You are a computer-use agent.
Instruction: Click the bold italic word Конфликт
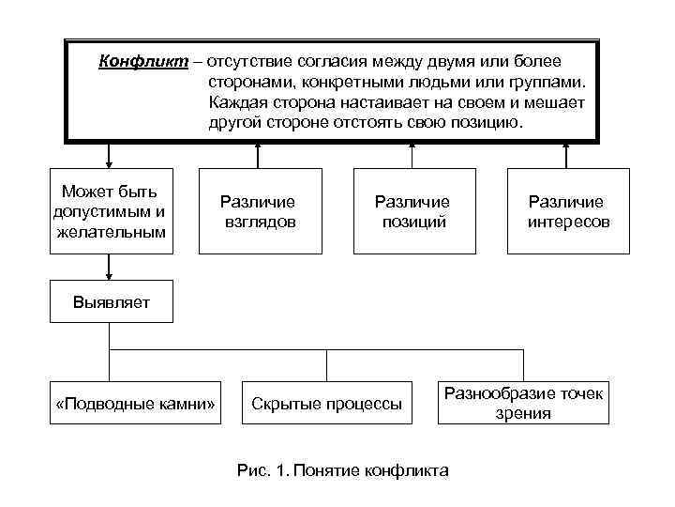point(139,62)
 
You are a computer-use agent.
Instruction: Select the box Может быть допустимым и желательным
point(110,211)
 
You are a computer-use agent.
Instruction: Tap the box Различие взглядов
point(258,211)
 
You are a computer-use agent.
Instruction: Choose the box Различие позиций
point(412,211)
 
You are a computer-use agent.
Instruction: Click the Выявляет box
point(111,302)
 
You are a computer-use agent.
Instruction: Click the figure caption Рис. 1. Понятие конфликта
point(344,469)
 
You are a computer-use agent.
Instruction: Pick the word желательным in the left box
point(110,231)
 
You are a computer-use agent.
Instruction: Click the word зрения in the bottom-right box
point(523,414)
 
